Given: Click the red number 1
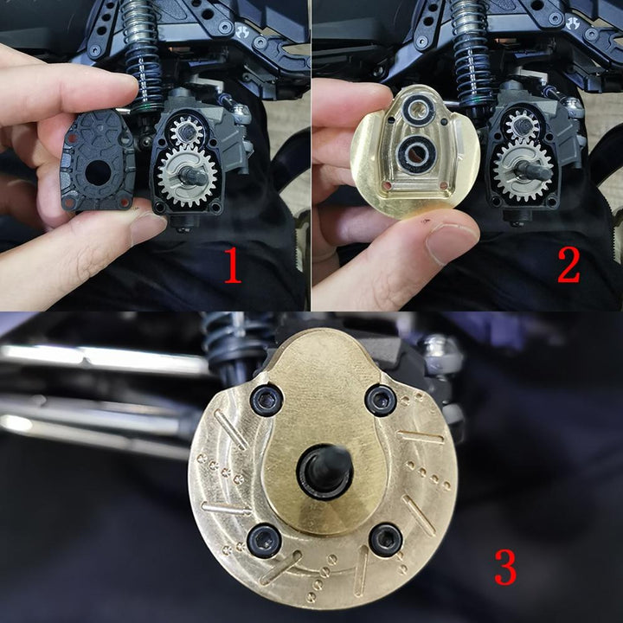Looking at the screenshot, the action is [233, 266].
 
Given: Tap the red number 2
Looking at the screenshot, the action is [568, 266].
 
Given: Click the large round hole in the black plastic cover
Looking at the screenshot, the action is [98, 174].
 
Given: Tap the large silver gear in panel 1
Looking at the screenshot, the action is [187, 176].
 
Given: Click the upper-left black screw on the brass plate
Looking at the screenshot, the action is [267, 400].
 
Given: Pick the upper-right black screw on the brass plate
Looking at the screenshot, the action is [381, 400].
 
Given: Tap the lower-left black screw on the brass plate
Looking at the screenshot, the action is [264, 540].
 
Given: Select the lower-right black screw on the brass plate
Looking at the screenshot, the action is [386, 540].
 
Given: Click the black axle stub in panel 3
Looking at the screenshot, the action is [324, 472].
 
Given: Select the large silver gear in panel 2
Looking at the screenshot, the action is [522, 171].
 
